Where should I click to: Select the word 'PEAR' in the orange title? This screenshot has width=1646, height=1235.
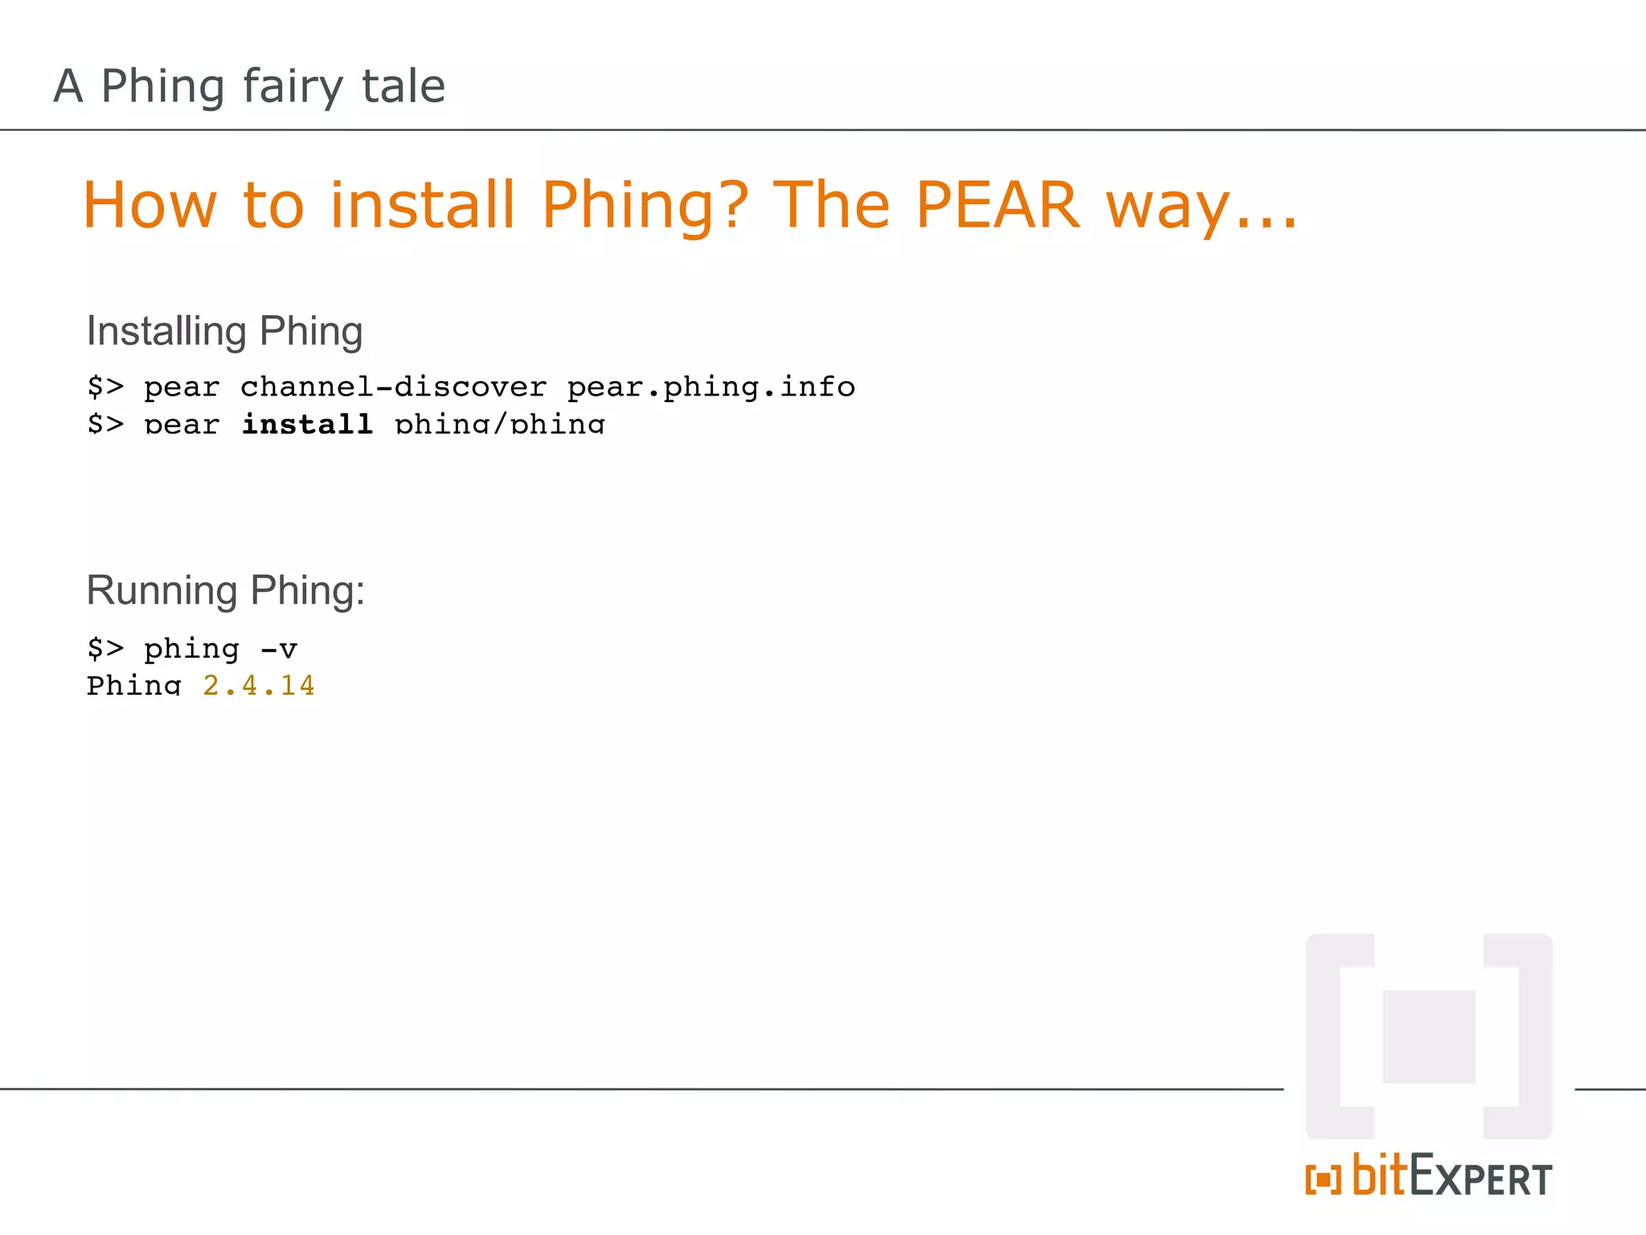tap(997, 205)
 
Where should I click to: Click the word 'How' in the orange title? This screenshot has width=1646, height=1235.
tap(149, 205)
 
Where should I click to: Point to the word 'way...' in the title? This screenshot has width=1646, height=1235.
tap(1201, 207)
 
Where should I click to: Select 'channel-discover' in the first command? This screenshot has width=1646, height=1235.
tap(394, 387)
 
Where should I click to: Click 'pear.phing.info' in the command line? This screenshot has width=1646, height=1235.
tap(710, 387)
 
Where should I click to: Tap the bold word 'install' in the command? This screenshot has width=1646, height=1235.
tap(307, 423)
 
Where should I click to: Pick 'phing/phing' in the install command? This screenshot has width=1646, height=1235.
tap(500, 423)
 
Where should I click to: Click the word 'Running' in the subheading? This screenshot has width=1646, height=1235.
tap(162, 590)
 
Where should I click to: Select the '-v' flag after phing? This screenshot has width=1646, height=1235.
tap(279, 648)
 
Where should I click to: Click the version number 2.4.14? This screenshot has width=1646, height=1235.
tap(258, 685)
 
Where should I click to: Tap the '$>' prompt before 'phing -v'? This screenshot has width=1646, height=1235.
tap(105, 648)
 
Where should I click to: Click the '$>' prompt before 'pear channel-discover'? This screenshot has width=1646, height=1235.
tap(105, 387)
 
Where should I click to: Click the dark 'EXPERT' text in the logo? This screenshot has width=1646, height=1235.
tap(1480, 1179)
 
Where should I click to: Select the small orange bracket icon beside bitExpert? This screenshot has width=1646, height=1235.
tap(1323, 1180)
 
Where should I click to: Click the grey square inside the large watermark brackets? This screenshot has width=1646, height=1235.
tap(1429, 1036)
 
